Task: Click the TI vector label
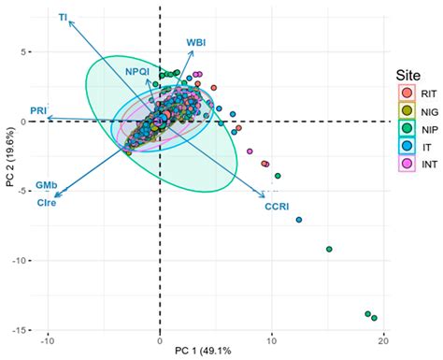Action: tap(63, 17)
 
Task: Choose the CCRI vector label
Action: tap(277, 194)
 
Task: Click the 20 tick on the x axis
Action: tap(383, 339)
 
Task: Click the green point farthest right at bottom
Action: tap(374, 319)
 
